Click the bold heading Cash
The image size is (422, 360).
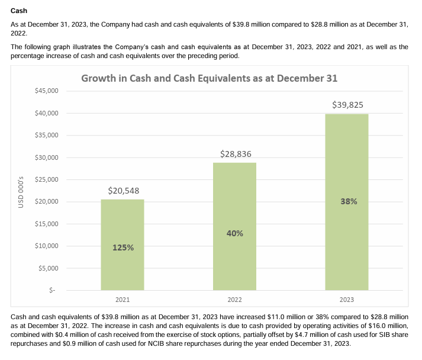coord(19,11)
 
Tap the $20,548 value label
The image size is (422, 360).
coord(123,191)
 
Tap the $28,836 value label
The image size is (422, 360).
coord(235,154)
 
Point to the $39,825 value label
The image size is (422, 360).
coord(347,105)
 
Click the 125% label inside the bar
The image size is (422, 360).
coord(123,247)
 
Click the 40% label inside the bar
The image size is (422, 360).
coord(234,233)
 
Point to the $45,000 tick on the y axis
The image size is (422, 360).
coord(46,91)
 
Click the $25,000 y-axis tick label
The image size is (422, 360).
coord(46,179)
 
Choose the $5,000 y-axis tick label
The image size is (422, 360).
coord(48,268)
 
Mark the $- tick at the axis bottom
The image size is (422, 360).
coord(52,290)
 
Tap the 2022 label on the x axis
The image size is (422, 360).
coord(234,300)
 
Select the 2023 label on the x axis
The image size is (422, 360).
coord(346,300)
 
